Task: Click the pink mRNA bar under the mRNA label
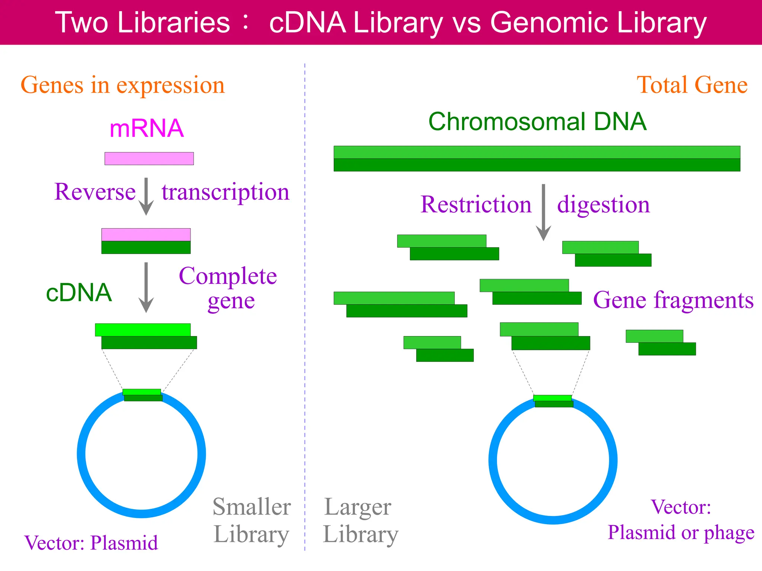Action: tap(149, 158)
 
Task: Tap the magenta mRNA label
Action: tap(147, 129)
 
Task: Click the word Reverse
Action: tap(95, 192)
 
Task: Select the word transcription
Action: tap(225, 193)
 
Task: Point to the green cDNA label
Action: tap(79, 293)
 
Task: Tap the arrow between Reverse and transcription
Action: tap(146, 196)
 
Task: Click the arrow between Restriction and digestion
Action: tap(543, 212)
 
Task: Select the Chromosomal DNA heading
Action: tap(537, 122)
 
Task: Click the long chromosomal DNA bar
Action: tap(537, 159)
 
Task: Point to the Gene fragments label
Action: tap(673, 300)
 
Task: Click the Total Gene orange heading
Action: tap(692, 85)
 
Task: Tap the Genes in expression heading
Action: tap(123, 85)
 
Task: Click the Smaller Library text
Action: tap(252, 520)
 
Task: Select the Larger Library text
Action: tap(360, 520)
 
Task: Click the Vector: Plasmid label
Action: tap(91, 543)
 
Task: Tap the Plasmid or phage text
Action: tap(681, 532)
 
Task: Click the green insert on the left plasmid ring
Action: tap(143, 395)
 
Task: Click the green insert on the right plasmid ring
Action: tap(553, 401)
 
